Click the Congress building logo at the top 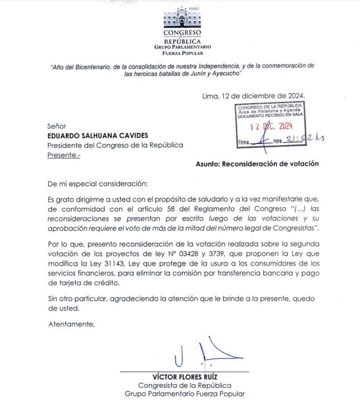182,20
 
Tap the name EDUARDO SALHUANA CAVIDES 98,135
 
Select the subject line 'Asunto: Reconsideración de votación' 257,164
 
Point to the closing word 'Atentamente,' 71,324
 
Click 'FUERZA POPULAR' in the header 182,52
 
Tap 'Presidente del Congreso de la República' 115,145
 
